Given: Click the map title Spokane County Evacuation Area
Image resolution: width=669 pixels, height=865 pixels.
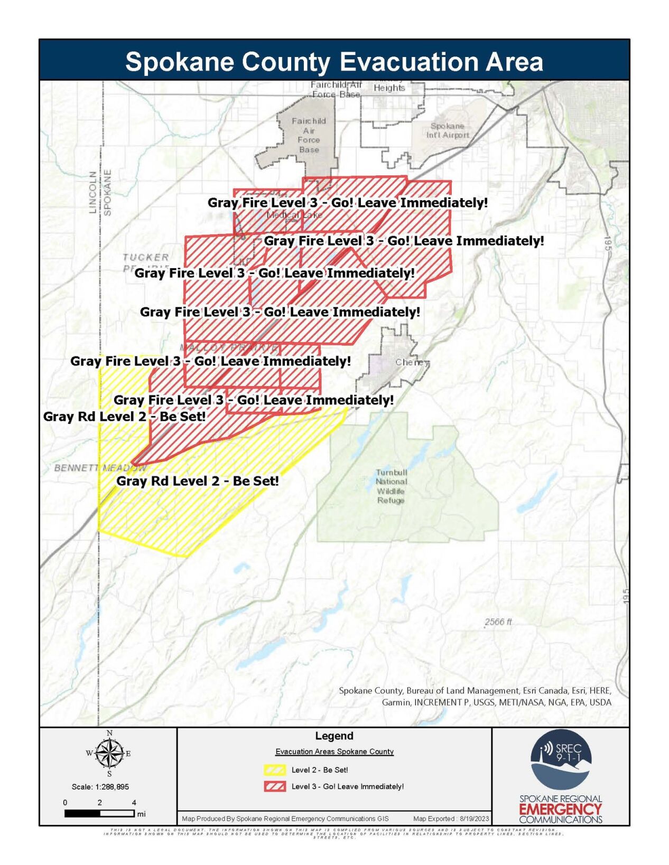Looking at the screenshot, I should (x=334, y=61).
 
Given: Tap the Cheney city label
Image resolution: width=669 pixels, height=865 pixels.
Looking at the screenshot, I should (x=412, y=362).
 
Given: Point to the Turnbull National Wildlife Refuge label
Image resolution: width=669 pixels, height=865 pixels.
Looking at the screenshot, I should (x=391, y=486).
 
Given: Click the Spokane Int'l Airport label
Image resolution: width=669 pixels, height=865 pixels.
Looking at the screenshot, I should (x=448, y=130).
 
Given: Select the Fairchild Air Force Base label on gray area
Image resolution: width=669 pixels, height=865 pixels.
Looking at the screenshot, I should (x=309, y=135).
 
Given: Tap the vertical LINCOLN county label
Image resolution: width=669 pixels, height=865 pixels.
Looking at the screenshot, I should (x=93, y=192).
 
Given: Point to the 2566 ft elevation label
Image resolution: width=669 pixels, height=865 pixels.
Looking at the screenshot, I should (x=498, y=622).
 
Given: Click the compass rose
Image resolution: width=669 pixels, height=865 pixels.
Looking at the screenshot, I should (x=109, y=753).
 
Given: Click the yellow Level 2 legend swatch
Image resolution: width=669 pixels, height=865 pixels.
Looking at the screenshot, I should (x=275, y=769).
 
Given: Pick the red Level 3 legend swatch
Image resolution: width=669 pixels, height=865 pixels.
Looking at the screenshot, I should (x=275, y=786).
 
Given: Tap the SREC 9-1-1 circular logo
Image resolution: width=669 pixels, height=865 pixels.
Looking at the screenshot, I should (x=561, y=759).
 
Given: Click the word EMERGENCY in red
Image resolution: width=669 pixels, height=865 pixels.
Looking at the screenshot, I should (x=561, y=809).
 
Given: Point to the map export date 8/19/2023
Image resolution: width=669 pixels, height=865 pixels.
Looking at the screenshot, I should (x=474, y=819).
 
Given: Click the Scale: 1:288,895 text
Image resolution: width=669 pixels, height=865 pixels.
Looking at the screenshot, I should (x=100, y=786).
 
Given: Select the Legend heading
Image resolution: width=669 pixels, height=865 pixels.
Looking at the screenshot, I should (x=334, y=736).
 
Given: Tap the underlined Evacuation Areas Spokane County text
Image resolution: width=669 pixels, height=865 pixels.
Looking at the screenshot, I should (x=334, y=751).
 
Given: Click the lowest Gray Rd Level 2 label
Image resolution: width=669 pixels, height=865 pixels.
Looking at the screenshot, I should (x=197, y=481).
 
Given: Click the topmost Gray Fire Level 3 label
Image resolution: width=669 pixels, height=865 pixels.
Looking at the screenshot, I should (x=347, y=203).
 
